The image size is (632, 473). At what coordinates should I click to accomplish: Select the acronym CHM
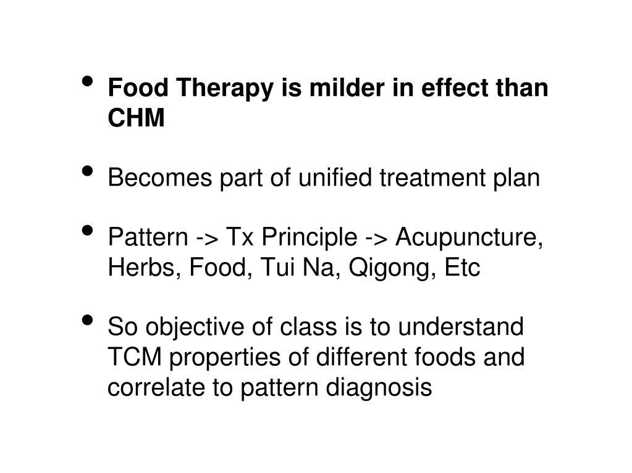coord(136,119)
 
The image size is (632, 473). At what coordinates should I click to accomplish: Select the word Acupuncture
coord(469,238)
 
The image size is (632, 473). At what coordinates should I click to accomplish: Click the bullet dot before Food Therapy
coord(88,82)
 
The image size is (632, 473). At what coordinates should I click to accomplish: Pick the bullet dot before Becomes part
coord(88,171)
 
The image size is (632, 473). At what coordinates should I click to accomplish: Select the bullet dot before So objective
coord(88,321)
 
